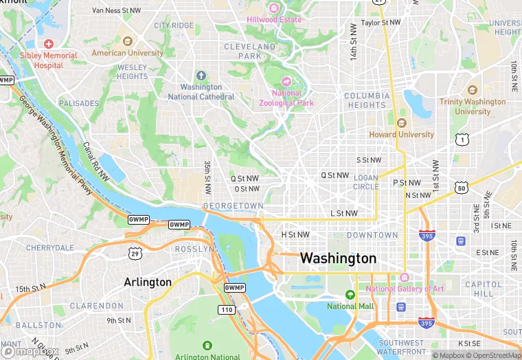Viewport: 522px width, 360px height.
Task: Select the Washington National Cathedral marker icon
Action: [201, 75]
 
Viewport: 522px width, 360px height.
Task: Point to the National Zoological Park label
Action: [286, 98]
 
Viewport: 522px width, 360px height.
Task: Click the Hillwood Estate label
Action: [274, 19]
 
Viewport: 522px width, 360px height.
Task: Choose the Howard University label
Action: [402, 135]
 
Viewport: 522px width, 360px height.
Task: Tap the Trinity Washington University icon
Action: [472, 90]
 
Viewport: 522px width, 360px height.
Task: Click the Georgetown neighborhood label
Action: [234, 206]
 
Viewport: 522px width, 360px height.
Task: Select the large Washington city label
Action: [339, 259]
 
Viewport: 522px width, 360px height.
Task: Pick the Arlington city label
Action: [148, 282]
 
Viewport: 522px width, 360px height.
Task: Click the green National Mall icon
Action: [351, 295]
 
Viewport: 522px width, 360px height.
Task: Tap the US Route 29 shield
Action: [135, 254]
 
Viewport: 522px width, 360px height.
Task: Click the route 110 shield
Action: [227, 311]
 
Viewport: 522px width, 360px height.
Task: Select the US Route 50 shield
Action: [460, 187]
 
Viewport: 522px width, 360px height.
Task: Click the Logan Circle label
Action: [365, 182]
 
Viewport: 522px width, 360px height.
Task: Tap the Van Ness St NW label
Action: [117, 10]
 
